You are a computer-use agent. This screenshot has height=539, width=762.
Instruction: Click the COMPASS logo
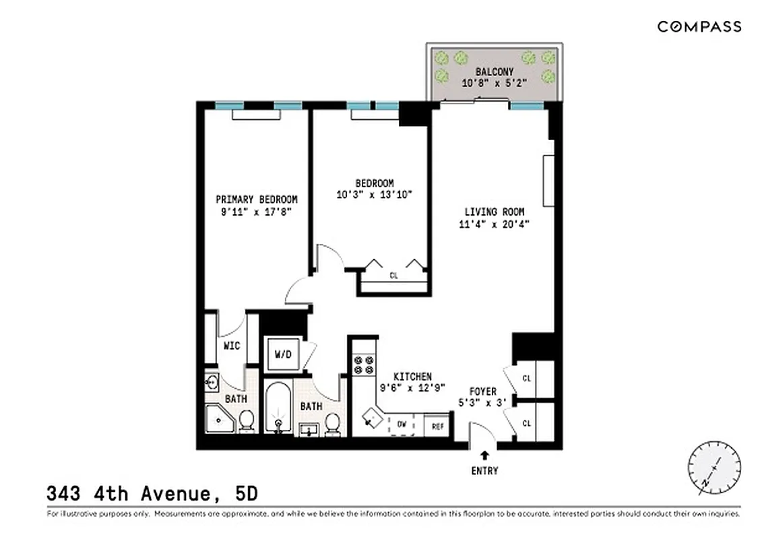(x=699, y=27)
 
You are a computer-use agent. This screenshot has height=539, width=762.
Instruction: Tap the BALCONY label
(x=494, y=71)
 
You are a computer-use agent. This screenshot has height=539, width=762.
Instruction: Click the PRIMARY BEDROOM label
(x=256, y=199)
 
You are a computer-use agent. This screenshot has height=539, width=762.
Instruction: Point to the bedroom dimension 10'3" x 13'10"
(x=375, y=195)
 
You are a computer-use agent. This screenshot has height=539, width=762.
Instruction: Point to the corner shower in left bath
(x=220, y=419)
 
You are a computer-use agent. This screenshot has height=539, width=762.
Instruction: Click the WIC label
(x=232, y=346)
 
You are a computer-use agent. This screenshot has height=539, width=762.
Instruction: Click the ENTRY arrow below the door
(x=484, y=457)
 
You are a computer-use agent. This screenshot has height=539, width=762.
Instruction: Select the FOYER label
(x=483, y=391)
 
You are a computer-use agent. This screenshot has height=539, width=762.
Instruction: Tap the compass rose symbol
(x=714, y=468)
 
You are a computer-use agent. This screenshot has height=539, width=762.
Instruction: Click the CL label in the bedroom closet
(x=393, y=276)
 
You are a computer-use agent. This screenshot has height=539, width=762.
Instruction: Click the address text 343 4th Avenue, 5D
(x=152, y=494)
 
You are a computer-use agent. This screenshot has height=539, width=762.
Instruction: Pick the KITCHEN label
(x=413, y=377)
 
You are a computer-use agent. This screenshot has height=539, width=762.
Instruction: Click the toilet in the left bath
(x=247, y=420)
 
